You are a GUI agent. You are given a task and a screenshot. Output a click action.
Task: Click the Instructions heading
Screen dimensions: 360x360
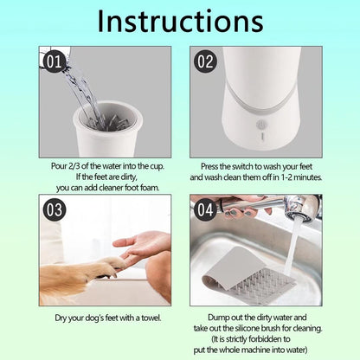click(x=179, y=22)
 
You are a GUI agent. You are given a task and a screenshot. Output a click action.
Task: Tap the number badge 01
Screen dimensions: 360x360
click(x=53, y=62)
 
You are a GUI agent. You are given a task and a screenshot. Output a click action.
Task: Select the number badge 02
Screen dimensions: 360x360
click(x=204, y=62)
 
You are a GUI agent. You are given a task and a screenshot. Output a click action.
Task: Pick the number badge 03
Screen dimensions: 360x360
click(x=53, y=209)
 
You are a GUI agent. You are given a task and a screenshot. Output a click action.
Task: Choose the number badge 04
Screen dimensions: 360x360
click(x=204, y=209)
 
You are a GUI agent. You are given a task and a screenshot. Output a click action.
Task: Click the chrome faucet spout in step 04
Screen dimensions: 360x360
click(x=299, y=208)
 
